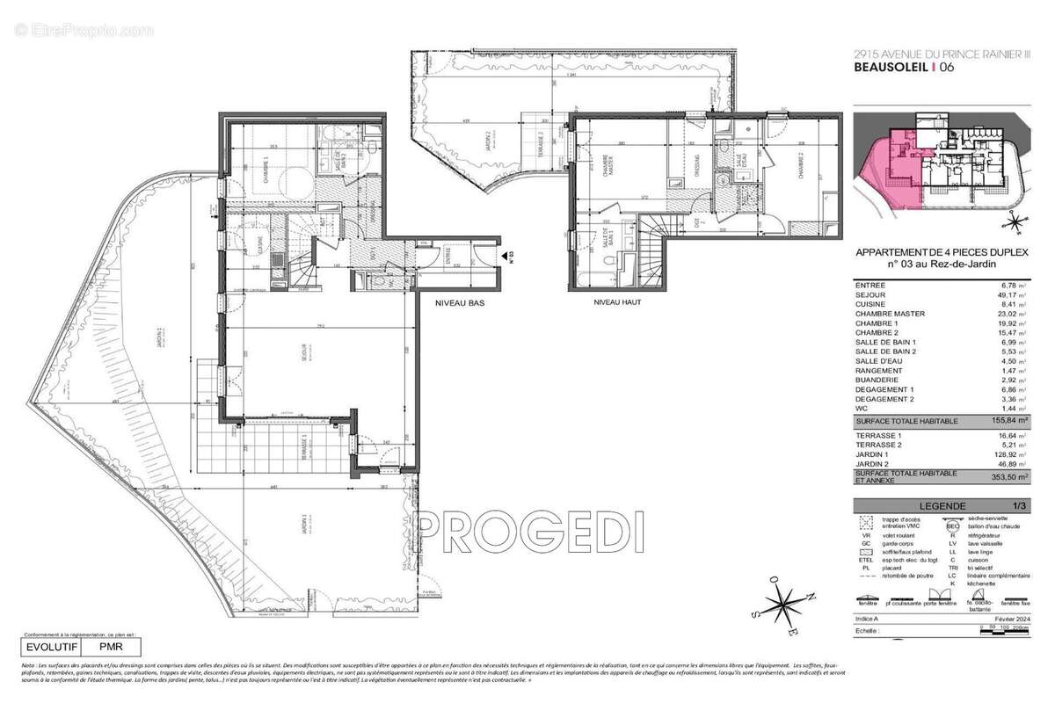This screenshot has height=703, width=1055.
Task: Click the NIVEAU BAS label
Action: click(459, 302)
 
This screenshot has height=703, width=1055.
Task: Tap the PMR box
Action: click(109, 646)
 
